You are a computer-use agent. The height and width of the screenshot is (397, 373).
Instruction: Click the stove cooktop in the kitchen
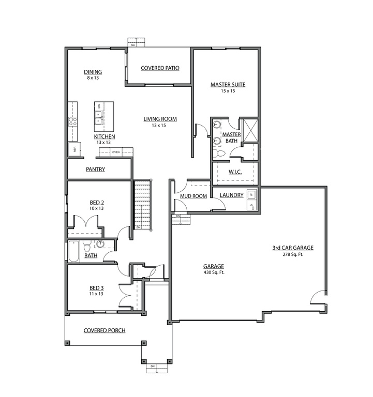pyautogui.click(x=73, y=122)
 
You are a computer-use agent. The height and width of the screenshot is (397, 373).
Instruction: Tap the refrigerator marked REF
pyautogui.click(x=73, y=149)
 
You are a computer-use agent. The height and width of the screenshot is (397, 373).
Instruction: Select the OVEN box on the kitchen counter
pyautogui.click(x=116, y=152)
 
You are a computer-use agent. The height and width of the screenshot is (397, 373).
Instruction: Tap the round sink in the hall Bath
pyautogui.click(x=100, y=244)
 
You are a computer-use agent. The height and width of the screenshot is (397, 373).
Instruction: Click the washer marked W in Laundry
pyautogui.click(x=251, y=195)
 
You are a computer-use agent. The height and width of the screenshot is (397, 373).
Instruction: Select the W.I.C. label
pyautogui.click(x=235, y=172)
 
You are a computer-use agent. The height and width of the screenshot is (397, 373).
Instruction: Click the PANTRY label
pyautogui.click(x=96, y=169)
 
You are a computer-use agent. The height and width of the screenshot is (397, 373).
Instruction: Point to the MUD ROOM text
pyautogui.click(x=193, y=196)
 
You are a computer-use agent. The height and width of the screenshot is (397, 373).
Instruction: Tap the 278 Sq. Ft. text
pyautogui.click(x=293, y=255)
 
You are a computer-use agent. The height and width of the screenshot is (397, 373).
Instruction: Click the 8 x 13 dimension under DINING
pyautogui.click(x=93, y=78)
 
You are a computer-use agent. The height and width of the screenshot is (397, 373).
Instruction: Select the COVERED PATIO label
pyautogui.click(x=160, y=68)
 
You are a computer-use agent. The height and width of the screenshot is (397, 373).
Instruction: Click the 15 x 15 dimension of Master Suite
pyautogui.click(x=228, y=91)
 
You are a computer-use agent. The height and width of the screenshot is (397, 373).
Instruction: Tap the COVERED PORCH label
pyautogui.click(x=105, y=330)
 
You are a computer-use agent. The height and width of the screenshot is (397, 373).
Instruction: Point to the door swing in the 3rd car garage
pyautogui.click(x=318, y=298)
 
